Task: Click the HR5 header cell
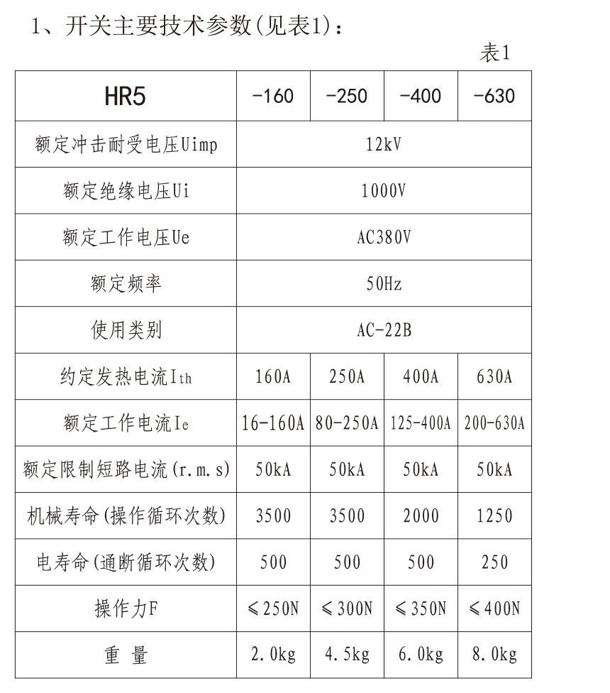click(125, 97)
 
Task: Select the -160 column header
click(273, 96)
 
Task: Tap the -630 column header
click(494, 96)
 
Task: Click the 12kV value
click(384, 145)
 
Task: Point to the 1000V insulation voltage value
click(384, 191)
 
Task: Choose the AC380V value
click(384, 237)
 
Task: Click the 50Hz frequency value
click(384, 284)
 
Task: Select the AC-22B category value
click(384, 330)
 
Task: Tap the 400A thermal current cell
click(421, 376)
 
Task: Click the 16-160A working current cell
click(273, 423)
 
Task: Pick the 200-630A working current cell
click(494, 423)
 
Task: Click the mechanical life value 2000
click(421, 515)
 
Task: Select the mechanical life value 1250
click(494, 515)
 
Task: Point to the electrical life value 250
click(494, 562)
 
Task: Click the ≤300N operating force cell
click(347, 609)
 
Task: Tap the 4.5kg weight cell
click(347, 655)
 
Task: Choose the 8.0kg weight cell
click(494, 655)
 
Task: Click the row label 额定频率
click(126, 284)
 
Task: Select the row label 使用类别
click(126, 330)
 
